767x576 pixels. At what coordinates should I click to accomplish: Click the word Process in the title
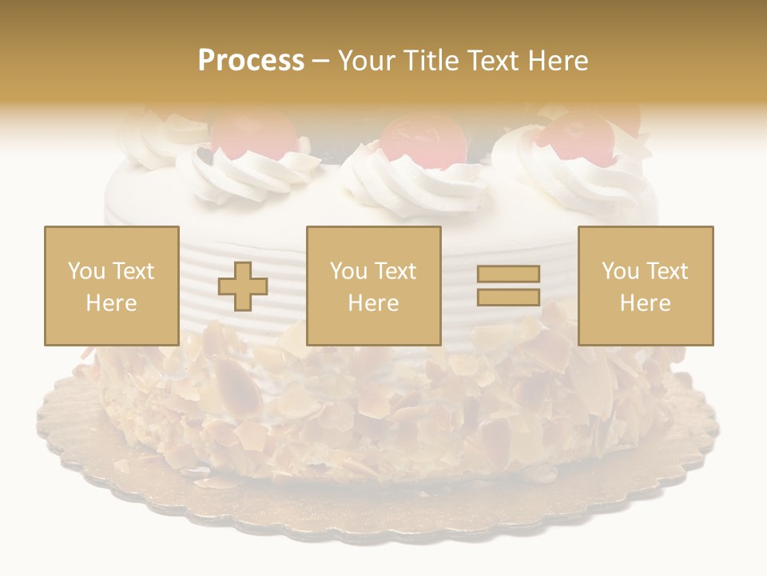[x=251, y=61]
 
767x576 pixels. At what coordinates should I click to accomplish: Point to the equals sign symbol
[x=508, y=286]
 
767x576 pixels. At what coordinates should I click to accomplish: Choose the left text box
[x=111, y=286]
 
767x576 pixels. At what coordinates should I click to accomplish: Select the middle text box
[x=373, y=286]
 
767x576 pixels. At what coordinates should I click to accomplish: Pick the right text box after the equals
[x=645, y=286]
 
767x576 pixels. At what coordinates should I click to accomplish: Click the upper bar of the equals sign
[x=508, y=274]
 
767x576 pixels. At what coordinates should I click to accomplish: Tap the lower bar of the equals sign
[x=508, y=297]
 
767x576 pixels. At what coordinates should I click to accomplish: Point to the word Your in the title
[x=365, y=61]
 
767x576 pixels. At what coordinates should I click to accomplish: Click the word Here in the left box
[x=111, y=302]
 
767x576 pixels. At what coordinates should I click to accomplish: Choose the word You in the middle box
[x=348, y=271]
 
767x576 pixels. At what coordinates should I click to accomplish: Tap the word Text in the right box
[x=667, y=271]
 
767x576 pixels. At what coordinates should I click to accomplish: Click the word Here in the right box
[x=645, y=302]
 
